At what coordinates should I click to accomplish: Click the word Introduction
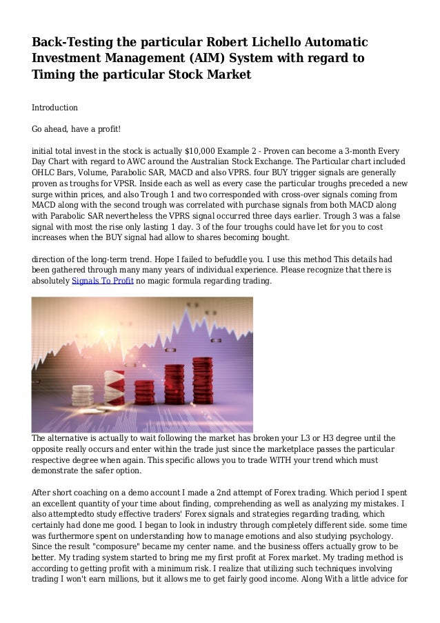[55, 108]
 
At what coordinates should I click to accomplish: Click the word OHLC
[45, 172]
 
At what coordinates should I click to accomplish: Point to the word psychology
[387, 533]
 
